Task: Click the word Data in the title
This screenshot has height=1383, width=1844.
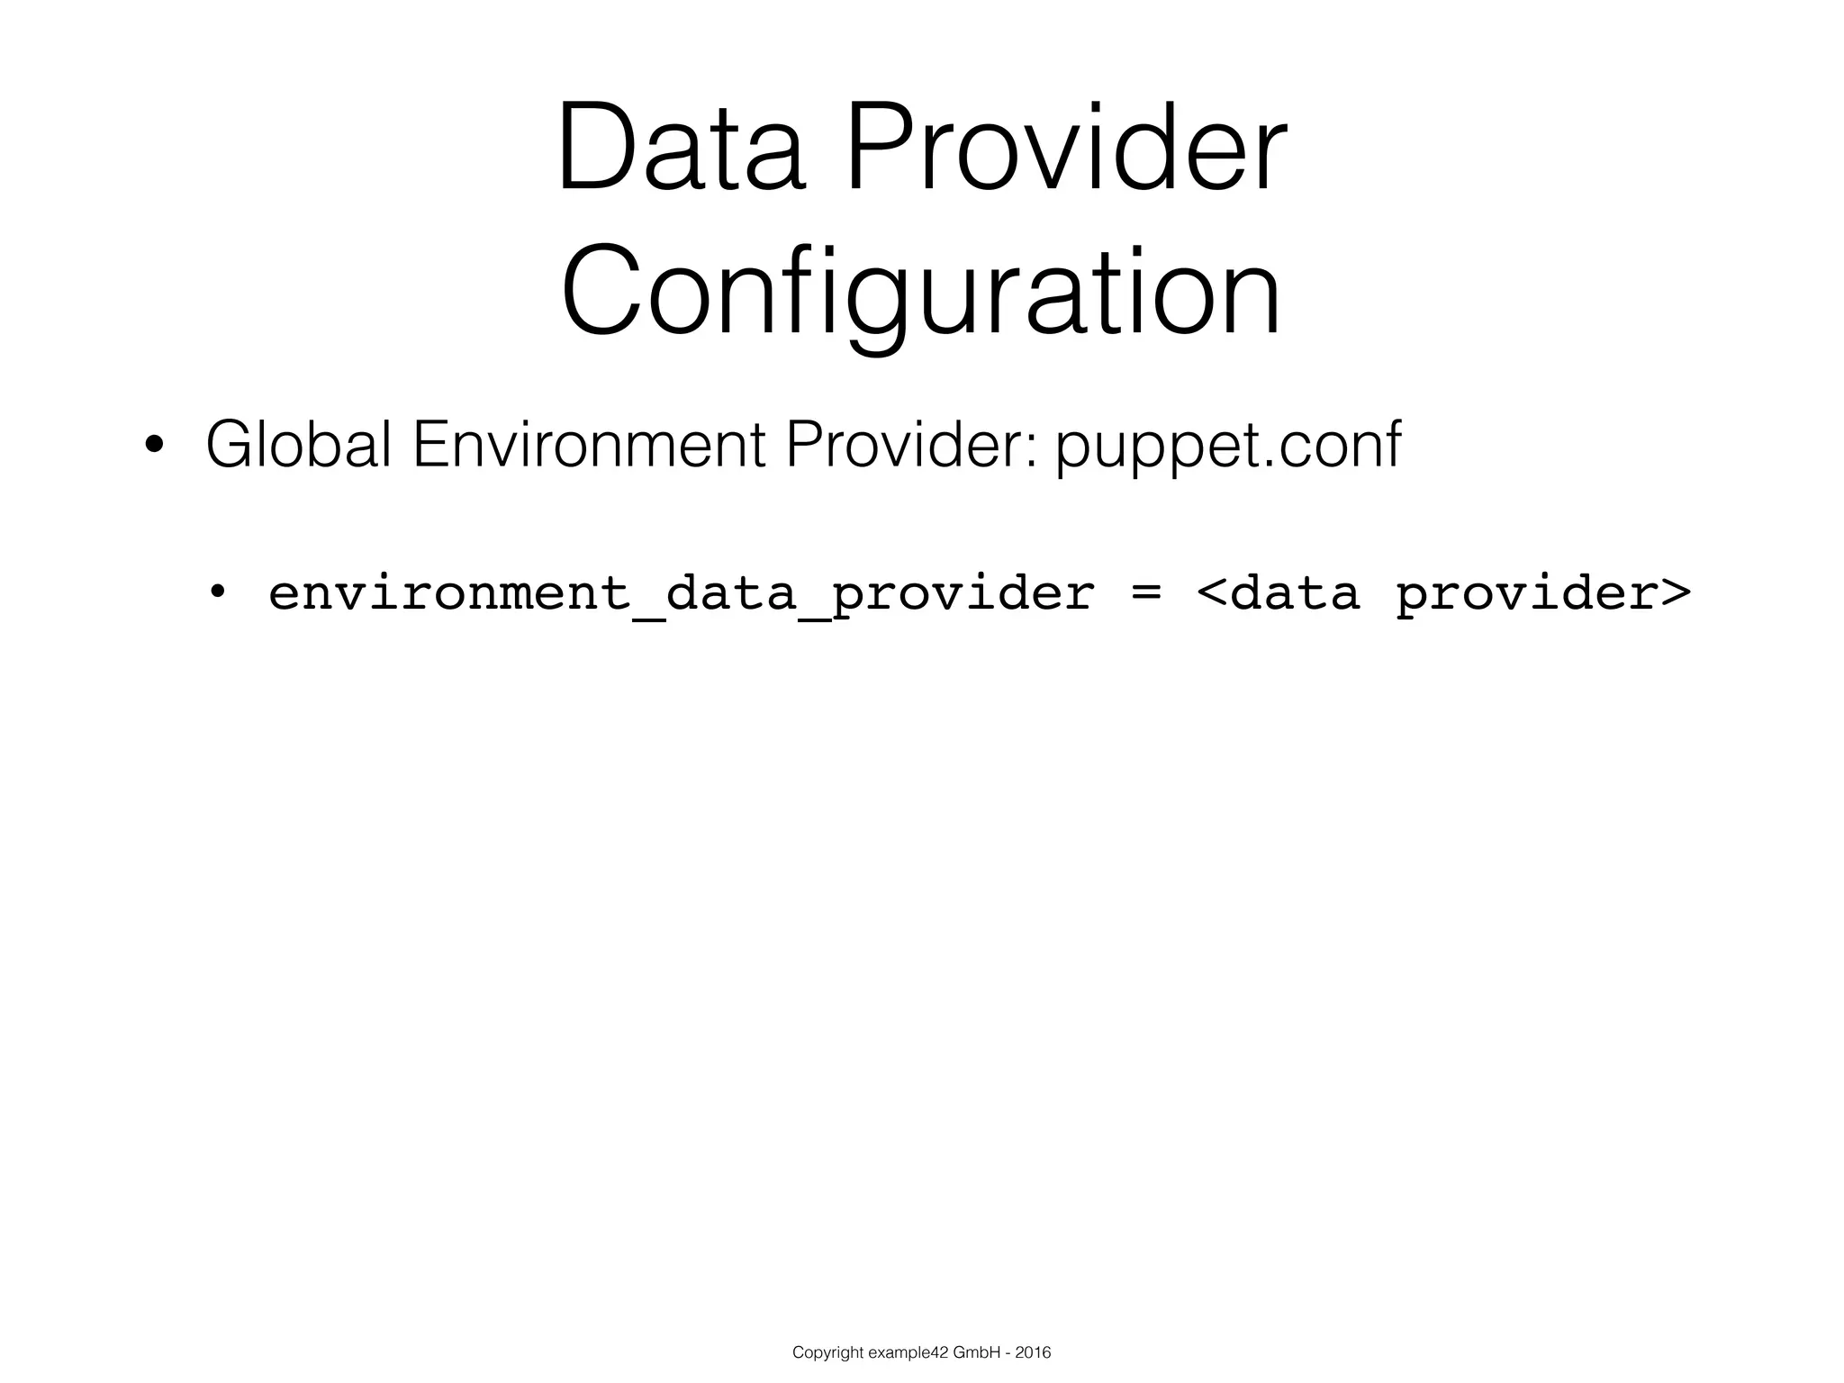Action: pyautogui.click(x=680, y=149)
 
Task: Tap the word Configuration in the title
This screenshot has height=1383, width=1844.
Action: pyautogui.click(x=921, y=293)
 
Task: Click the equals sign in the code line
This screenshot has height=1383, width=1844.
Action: pyautogui.click(x=1145, y=593)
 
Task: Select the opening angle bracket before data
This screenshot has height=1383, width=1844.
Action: pyautogui.click(x=1211, y=593)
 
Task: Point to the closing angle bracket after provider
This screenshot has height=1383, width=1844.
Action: pyautogui.click(x=1676, y=593)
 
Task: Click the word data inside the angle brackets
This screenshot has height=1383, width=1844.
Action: pyautogui.click(x=1294, y=593)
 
